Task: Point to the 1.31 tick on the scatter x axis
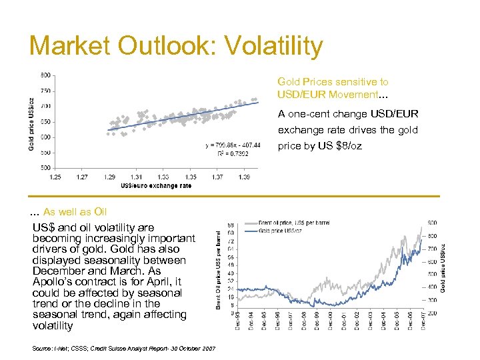click(136, 177)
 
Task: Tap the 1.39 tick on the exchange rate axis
click(244, 177)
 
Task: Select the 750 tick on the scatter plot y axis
click(45, 91)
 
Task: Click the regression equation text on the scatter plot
click(233, 145)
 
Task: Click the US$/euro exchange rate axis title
click(156, 185)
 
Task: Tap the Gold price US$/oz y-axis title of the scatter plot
click(31, 119)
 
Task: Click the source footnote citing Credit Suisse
click(123, 349)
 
